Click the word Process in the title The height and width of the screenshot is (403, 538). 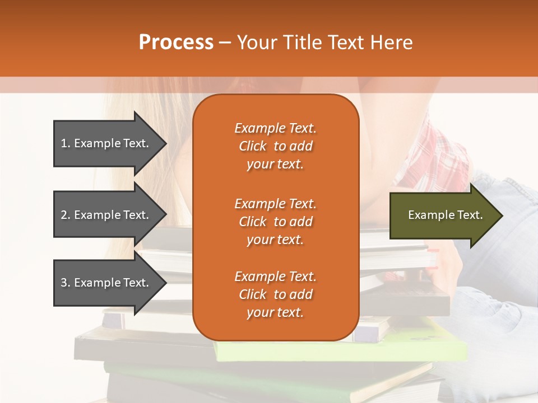176,43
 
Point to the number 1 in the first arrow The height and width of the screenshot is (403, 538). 64,143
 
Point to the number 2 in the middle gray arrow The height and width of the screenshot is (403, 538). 64,215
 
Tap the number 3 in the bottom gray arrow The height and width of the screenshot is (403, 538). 64,283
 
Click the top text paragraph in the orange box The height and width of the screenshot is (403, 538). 275,146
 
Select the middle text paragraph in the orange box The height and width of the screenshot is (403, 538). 275,222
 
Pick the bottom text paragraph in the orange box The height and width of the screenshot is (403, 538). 275,294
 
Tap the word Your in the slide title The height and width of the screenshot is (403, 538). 256,43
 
